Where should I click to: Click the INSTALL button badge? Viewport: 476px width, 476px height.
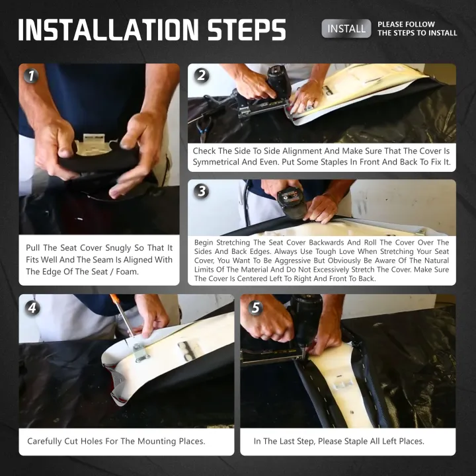(346, 28)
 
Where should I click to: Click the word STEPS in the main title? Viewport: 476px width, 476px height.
(247, 30)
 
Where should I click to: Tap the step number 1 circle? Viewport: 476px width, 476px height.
(31, 75)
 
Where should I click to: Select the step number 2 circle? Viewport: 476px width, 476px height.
(202, 75)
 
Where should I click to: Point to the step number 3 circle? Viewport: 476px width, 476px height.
(202, 191)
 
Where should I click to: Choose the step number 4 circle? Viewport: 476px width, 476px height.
(32, 308)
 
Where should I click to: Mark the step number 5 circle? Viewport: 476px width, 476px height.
(256, 308)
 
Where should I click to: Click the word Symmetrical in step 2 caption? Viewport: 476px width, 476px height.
(216, 162)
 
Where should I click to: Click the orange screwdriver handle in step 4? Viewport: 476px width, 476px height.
(115, 298)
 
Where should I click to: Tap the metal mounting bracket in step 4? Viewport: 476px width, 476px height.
(141, 352)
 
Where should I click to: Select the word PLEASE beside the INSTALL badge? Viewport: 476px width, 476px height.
(391, 24)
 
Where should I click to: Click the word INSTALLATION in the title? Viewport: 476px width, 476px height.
(108, 30)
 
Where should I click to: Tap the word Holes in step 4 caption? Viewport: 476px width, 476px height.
(92, 441)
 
